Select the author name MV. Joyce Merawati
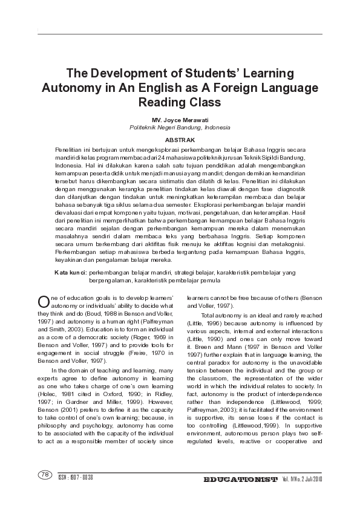tap(180, 121)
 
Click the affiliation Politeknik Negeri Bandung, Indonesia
tap(180, 128)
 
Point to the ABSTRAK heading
tap(180, 140)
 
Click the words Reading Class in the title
tap(180, 102)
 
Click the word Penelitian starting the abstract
tap(69, 149)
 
